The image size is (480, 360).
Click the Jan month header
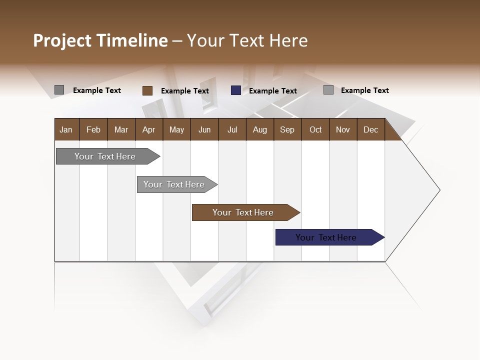click(66, 129)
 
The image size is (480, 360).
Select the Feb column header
click(93, 129)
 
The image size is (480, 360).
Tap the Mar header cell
click(121, 129)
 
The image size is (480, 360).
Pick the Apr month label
click(149, 129)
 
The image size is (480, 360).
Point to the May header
click(176, 129)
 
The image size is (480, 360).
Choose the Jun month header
click(204, 129)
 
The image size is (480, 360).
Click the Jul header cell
click(232, 129)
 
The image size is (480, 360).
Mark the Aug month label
click(260, 129)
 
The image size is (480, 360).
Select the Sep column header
click(287, 129)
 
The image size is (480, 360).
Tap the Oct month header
click(315, 129)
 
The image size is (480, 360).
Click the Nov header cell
click(343, 129)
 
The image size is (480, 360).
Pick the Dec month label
click(370, 129)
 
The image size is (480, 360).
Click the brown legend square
click(147, 90)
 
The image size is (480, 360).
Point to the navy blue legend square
click(236, 90)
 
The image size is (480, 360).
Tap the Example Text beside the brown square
click(185, 91)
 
